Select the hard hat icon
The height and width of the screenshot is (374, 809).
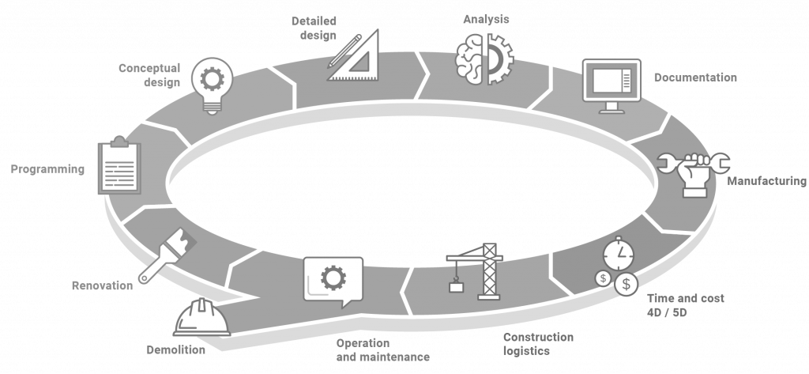pyautogui.click(x=201, y=318)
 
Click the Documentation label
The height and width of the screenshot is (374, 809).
pyautogui.click(x=695, y=77)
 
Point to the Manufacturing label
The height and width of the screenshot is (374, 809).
pyautogui.click(x=766, y=181)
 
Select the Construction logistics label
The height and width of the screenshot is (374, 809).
pyautogui.click(x=538, y=344)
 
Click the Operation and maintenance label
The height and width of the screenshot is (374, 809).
pyautogui.click(x=382, y=350)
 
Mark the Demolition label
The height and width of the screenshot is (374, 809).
pyautogui.click(x=175, y=349)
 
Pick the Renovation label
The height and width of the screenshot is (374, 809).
pyautogui.click(x=102, y=285)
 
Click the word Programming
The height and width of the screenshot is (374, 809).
pyautogui.click(x=47, y=169)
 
